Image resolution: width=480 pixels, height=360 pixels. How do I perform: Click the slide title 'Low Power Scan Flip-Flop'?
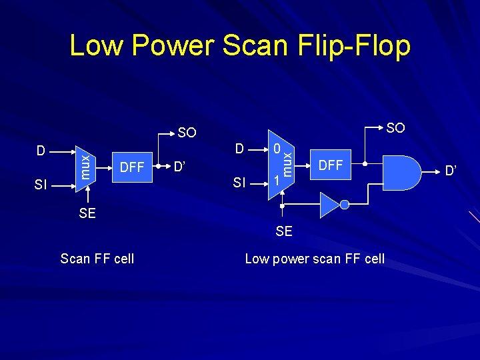239,46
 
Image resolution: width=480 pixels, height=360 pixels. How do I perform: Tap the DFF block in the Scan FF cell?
132,167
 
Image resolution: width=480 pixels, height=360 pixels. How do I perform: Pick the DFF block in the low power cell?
331,164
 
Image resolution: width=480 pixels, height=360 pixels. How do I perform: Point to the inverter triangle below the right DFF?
329,205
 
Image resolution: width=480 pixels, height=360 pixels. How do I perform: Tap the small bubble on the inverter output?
344,205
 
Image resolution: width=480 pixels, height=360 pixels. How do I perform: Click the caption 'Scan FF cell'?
97,259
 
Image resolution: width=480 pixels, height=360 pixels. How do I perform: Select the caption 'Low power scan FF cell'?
315,259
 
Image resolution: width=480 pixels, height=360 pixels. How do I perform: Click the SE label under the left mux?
87,213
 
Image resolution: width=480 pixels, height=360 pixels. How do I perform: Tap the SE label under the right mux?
284,231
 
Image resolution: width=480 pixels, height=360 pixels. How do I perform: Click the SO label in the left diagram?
187,133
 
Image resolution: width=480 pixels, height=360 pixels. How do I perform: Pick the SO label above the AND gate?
395,127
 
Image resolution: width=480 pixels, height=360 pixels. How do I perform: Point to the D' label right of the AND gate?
451,172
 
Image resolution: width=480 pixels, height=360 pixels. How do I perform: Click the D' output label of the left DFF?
179,165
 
